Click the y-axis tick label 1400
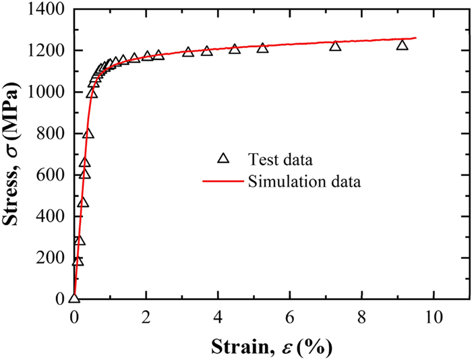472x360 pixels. [46, 9]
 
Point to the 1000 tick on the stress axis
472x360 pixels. [46, 92]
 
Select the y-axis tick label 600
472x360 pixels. [51, 175]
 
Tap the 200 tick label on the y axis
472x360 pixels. [51, 258]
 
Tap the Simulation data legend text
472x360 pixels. [303, 181]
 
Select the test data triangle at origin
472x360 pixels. [74, 298]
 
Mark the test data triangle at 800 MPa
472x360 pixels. [88, 133]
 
